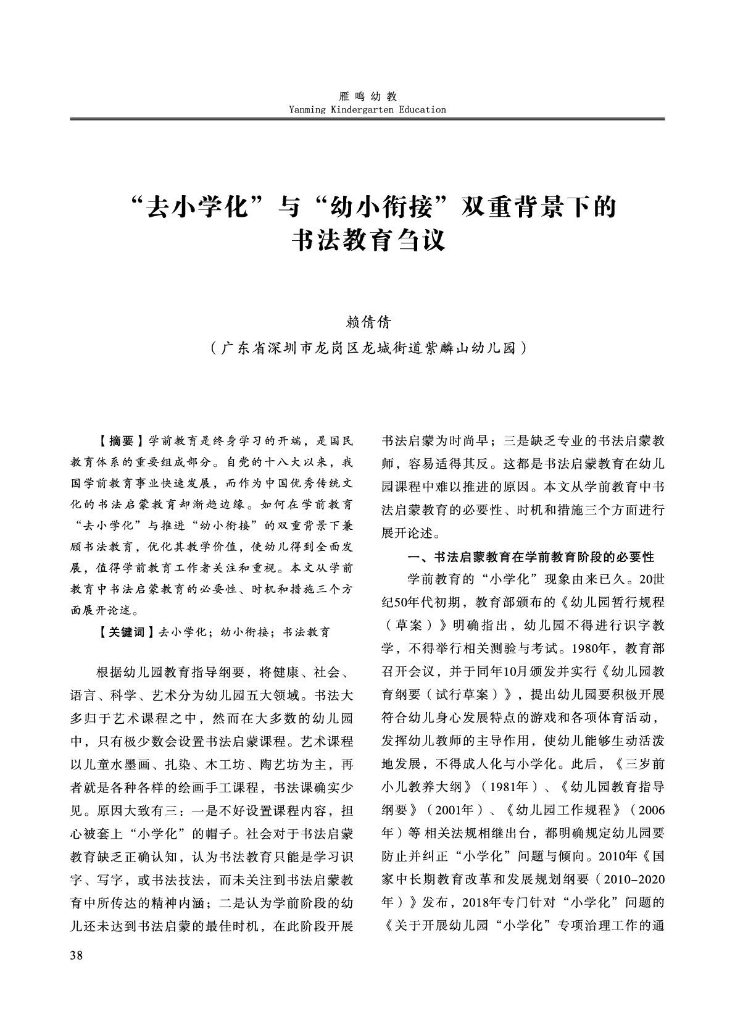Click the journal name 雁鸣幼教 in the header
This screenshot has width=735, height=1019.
coord(368,96)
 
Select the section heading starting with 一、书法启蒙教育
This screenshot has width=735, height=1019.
coord(531,557)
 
